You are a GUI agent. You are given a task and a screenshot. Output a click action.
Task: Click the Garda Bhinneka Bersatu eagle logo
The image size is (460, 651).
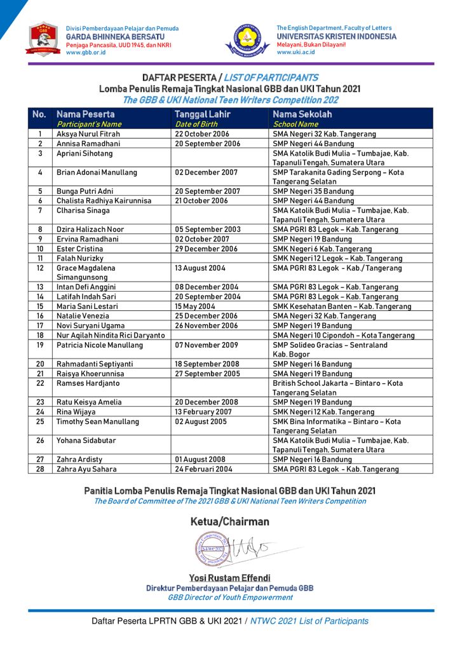coord(43,40)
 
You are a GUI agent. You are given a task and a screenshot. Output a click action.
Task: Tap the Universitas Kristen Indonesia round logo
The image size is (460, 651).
coord(247,40)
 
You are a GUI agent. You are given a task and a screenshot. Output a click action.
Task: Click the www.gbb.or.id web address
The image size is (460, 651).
coord(86,53)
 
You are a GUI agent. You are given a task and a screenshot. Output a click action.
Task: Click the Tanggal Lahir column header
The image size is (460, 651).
coord(202,114)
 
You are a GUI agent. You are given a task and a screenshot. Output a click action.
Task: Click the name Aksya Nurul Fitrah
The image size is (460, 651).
coord(88,134)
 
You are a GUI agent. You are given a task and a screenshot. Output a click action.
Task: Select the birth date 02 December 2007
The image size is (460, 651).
coord(207,172)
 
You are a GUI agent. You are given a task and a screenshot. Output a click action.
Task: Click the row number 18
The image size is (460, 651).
coord(40,335)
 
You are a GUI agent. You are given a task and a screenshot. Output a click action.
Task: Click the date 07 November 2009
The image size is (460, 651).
coord(206,345)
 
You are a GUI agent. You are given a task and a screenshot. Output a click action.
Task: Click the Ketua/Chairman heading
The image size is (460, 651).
coord(229,522)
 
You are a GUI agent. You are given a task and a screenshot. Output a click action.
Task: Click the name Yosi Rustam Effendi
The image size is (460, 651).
coord(229,578)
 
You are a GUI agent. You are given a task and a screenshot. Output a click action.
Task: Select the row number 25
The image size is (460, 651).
coord(40,421)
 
